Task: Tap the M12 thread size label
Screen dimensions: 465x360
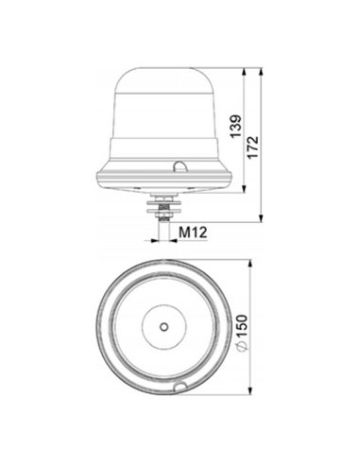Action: tap(194, 231)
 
